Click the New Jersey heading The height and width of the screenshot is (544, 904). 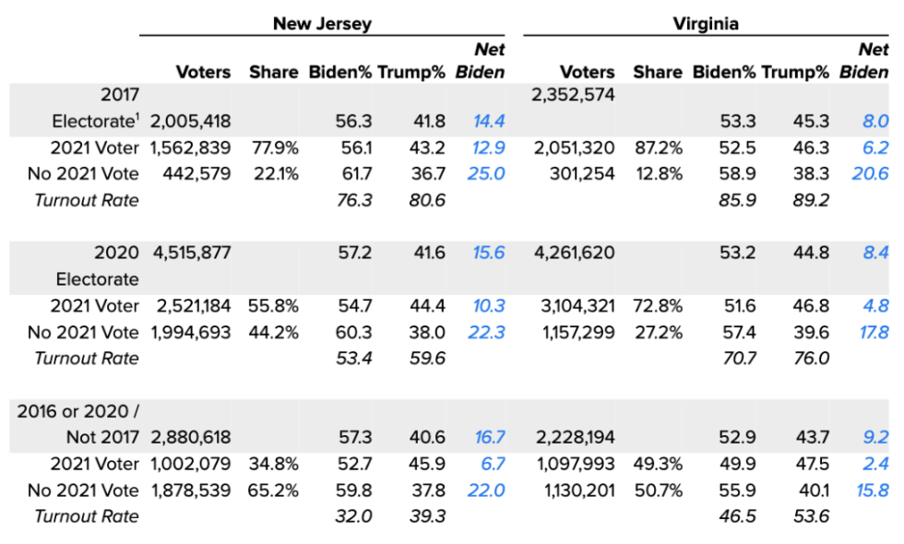click(322, 24)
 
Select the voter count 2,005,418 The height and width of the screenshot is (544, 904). click(190, 121)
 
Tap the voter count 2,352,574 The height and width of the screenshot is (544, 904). click(573, 94)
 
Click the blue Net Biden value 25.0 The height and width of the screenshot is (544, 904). click(487, 173)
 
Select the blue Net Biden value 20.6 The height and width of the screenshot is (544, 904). click(870, 173)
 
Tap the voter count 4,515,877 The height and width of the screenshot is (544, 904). click(190, 253)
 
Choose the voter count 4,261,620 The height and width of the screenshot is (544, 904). click(573, 253)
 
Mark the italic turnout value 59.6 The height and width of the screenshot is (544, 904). click(426, 358)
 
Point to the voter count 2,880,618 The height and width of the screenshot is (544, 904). click(190, 438)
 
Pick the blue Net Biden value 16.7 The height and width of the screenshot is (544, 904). click(487, 438)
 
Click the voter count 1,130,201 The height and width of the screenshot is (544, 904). click(573, 491)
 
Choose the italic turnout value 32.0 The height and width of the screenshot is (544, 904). click(354, 516)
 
